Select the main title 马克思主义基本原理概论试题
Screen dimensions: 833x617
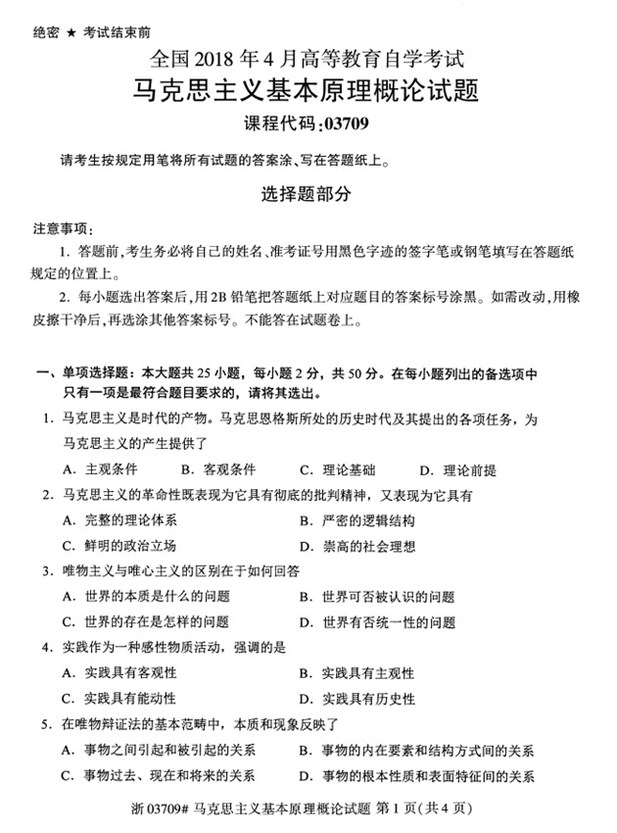coord(308,92)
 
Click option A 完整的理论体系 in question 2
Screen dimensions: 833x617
coord(119,519)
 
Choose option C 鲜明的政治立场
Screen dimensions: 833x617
coord(119,545)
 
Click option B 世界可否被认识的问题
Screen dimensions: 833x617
coord(378,596)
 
